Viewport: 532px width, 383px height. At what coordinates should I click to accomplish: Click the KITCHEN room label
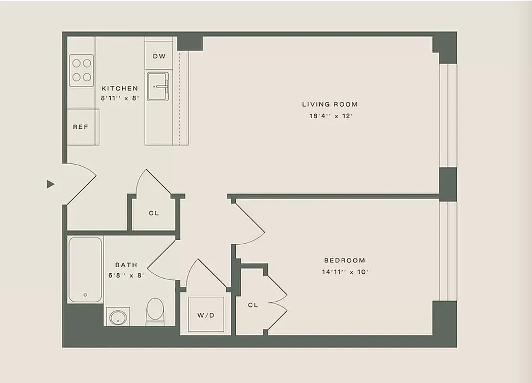click(120, 89)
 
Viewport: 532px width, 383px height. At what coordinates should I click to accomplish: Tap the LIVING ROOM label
click(330, 104)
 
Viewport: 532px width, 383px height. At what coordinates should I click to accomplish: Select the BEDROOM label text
click(345, 260)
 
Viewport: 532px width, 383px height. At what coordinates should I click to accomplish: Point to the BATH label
click(126, 265)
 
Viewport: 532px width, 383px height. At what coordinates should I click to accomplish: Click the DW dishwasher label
click(159, 56)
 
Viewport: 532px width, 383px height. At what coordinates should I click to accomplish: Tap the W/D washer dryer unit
click(206, 315)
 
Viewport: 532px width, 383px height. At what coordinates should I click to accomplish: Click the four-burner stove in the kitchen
click(81, 70)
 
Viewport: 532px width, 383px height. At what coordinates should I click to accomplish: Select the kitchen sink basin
click(159, 87)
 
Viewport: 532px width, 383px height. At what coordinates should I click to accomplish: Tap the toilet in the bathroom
click(154, 311)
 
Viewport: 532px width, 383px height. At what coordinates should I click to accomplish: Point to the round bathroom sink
click(117, 316)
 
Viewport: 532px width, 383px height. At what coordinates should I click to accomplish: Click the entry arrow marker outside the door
click(50, 184)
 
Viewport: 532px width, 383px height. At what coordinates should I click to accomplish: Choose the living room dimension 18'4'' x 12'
click(330, 116)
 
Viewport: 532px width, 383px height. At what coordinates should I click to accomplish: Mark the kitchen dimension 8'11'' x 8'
click(120, 98)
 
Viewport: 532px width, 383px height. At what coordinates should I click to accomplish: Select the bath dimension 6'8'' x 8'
click(126, 275)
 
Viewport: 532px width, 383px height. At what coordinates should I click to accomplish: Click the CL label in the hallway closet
click(153, 213)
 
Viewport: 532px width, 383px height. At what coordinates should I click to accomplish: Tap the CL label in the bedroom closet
click(253, 305)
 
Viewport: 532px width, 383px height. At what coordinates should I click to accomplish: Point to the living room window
click(448, 115)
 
